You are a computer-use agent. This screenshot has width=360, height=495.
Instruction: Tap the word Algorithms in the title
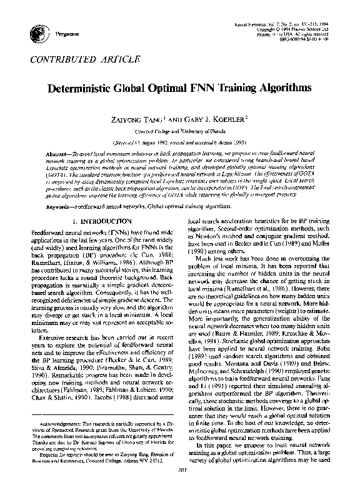coord(282,88)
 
